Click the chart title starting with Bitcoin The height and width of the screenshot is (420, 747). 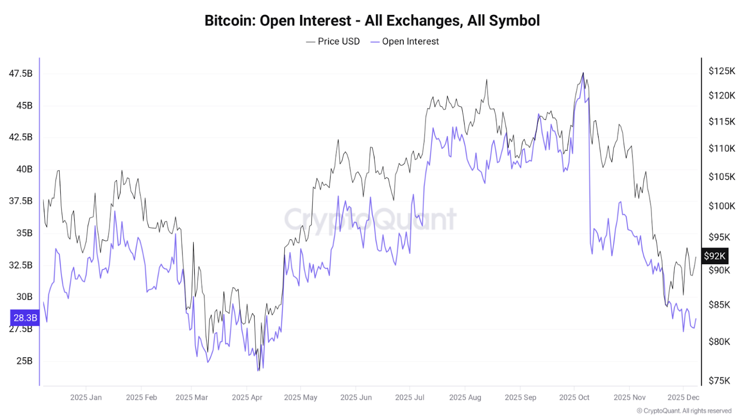point(372,21)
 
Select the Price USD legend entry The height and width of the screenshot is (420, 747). point(333,42)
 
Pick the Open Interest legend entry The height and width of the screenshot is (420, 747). point(405,42)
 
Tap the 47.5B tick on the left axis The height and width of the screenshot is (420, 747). point(21,73)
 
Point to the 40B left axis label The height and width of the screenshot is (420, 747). point(24,169)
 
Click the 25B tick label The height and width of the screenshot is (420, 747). point(24,361)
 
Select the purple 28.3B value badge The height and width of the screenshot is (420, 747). point(25,318)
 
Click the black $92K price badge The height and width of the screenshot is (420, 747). point(714,256)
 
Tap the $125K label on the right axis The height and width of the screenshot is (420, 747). point(721,71)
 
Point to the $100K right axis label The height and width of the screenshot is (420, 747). point(721,206)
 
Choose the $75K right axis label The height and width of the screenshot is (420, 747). point(719,380)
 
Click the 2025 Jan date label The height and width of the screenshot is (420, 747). point(86,397)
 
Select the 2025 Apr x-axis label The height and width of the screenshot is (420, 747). point(247,397)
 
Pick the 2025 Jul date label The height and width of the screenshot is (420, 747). point(409,397)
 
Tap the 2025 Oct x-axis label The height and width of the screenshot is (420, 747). point(574,397)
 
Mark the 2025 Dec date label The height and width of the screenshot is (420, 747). point(683,397)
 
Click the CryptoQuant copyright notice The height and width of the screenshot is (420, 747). point(684,411)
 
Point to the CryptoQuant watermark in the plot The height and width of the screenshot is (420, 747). point(370,219)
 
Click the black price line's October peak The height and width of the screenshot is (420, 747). point(583,73)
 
